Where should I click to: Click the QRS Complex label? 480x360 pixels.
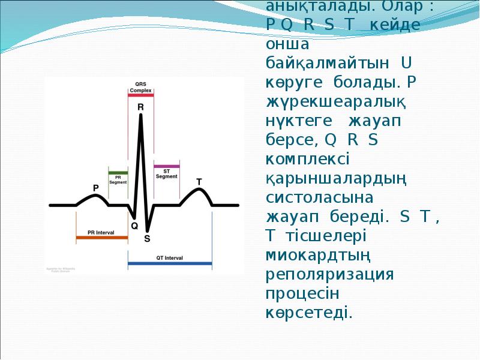pyautogui.click(x=140, y=86)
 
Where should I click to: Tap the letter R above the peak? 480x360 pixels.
pyautogui.click(x=140, y=107)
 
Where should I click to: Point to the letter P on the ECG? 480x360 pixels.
pyautogui.click(x=95, y=188)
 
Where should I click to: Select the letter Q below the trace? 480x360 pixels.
pyautogui.click(x=134, y=226)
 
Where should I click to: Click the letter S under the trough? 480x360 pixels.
pyautogui.click(x=147, y=238)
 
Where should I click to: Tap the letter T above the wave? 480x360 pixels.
pyautogui.click(x=199, y=181)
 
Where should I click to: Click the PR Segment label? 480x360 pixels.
pyautogui.click(x=118, y=179)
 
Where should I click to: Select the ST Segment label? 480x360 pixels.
pyautogui.click(x=166, y=173)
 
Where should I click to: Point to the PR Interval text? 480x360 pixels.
pyautogui.click(x=101, y=232)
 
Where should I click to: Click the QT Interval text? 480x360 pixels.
pyautogui.click(x=170, y=257)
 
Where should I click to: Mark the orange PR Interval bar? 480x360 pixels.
pyautogui.click(x=102, y=238)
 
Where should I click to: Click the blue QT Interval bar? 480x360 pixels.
pyautogui.click(x=170, y=263)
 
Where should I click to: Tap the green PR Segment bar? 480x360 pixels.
pyautogui.click(x=118, y=172)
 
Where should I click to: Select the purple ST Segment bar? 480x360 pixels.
pyautogui.click(x=166, y=166)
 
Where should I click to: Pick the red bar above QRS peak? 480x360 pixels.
pyautogui.click(x=141, y=94)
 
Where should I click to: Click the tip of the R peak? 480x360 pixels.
pyautogui.click(x=141, y=115)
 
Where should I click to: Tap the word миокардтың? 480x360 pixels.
pyautogui.click(x=318, y=255)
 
